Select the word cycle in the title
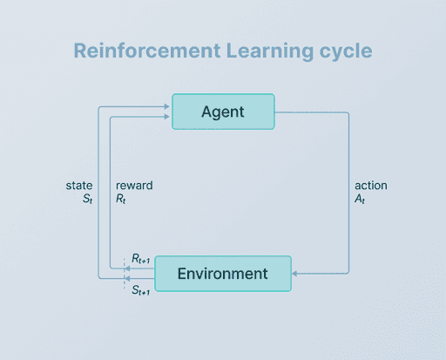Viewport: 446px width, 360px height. [x=342, y=51]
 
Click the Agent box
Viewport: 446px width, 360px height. [x=223, y=112]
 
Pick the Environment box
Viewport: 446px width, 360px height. [x=223, y=274]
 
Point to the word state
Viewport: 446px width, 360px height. [x=79, y=186]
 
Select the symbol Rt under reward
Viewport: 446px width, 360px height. [x=122, y=200]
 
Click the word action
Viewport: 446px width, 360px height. [x=371, y=186]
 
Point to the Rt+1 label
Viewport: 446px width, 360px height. [x=142, y=259]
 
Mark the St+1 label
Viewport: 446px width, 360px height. [x=142, y=289]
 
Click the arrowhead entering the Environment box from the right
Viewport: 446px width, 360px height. [x=295, y=274]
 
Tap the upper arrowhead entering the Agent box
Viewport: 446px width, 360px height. [x=168, y=105]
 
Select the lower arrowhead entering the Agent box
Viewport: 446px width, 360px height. [x=168, y=116]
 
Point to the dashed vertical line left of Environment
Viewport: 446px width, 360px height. [x=124, y=274]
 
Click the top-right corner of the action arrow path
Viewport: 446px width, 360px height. [x=349, y=112]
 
